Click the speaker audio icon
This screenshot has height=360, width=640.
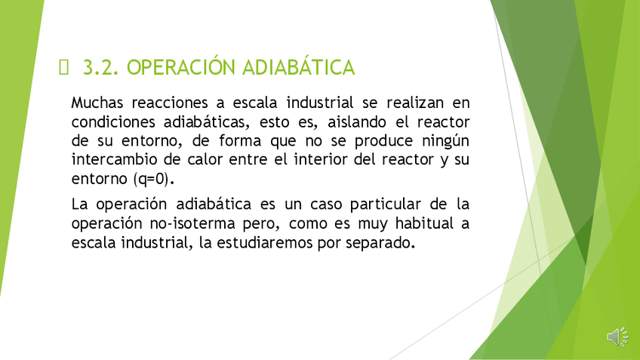click(x=617, y=337)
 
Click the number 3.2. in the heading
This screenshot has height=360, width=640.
click(x=101, y=68)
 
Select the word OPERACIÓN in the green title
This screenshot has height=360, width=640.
click(x=181, y=66)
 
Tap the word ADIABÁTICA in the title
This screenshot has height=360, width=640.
click(x=298, y=66)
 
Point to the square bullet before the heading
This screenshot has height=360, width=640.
click(x=63, y=67)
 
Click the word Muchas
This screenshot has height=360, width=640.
click(x=97, y=103)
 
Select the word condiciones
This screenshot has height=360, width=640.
click(x=113, y=122)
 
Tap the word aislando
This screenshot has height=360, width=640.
click(x=357, y=122)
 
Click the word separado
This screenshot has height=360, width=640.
click(x=380, y=243)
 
